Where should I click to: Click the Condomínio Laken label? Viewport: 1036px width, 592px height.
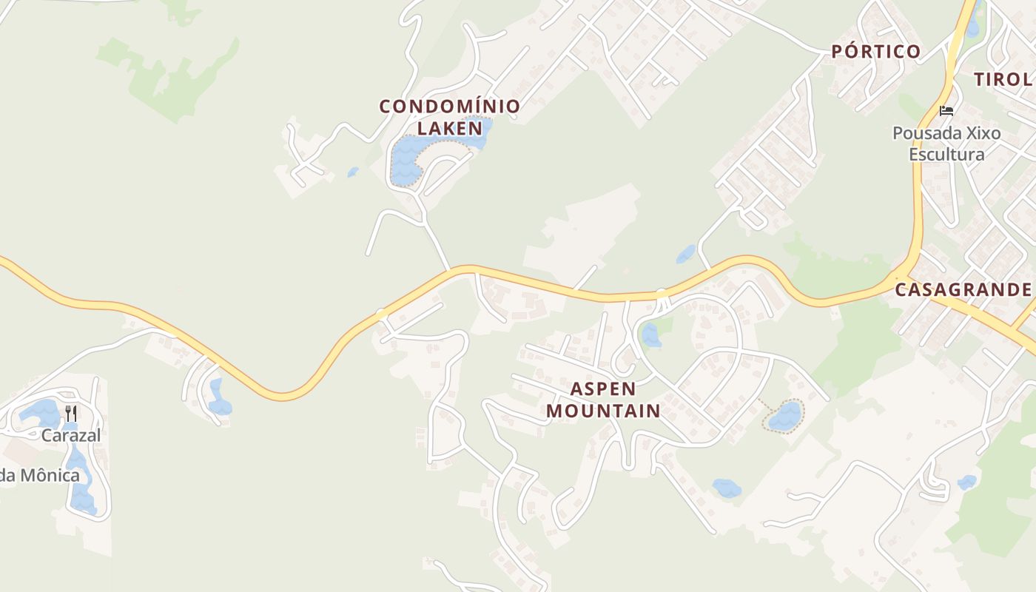pos(449,117)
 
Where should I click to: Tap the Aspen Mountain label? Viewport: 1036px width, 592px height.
pos(603,400)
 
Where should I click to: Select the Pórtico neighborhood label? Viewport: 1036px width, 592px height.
pos(875,52)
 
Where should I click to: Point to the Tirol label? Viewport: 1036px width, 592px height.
pos(1002,80)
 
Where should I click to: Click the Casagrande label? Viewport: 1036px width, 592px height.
pos(963,289)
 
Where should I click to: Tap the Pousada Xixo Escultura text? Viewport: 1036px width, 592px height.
pos(946,144)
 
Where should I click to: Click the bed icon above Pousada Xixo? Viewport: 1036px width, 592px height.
pos(946,112)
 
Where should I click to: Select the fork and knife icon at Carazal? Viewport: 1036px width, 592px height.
pos(71,413)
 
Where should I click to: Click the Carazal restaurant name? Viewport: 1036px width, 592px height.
pos(71,435)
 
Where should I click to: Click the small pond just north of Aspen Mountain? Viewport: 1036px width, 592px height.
pos(650,335)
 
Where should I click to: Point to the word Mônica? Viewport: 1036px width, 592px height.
pos(50,475)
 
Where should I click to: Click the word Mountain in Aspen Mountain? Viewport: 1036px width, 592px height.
pos(603,410)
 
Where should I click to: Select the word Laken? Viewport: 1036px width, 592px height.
pos(449,128)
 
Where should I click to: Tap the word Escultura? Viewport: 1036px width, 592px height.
pos(946,154)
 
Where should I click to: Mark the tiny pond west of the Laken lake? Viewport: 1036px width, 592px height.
pos(353,172)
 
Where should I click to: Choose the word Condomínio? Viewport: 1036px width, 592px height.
pos(449,107)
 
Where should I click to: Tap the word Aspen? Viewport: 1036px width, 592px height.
pos(603,389)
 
